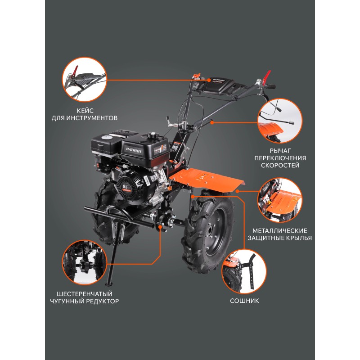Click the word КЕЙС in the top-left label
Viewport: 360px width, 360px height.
[x=85, y=111]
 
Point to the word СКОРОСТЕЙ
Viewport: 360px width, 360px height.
[x=280, y=165]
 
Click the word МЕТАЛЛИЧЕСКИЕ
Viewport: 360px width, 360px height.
[x=279, y=231]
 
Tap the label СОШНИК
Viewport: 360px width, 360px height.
[x=244, y=301]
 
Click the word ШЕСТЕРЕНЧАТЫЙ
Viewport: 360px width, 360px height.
[x=85, y=294]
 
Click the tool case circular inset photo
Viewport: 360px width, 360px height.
[x=85, y=80]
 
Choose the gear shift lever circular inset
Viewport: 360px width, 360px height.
[x=280, y=121]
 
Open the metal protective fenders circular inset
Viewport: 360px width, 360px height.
[x=279, y=200]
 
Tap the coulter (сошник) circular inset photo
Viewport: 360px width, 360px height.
[x=244, y=271]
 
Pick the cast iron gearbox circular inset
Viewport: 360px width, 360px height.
[x=85, y=263]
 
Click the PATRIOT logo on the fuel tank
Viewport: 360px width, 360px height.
[x=134, y=150]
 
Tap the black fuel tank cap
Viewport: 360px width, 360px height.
[x=152, y=135]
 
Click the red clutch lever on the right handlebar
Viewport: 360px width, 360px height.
[x=267, y=77]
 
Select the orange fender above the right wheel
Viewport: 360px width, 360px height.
[x=207, y=178]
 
